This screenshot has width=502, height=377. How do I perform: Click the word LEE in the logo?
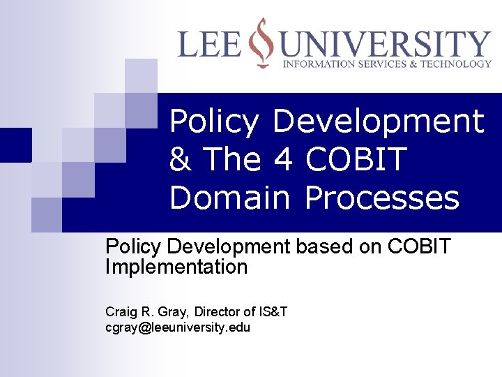pyautogui.click(x=209, y=44)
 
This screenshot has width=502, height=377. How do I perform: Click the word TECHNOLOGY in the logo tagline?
pyautogui.click(x=457, y=64)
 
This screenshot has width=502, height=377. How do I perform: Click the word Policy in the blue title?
pyautogui.click(x=214, y=122)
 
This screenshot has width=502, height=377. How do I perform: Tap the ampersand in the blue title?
pyautogui.click(x=181, y=159)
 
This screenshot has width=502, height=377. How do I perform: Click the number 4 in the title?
pyautogui.click(x=282, y=159)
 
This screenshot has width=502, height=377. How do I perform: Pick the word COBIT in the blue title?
pyautogui.click(x=356, y=159)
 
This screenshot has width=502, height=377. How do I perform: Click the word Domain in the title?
pyautogui.click(x=229, y=198)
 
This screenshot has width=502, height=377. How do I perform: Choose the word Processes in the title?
pyautogui.click(x=382, y=198)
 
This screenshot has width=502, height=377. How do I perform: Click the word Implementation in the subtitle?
pyautogui.click(x=176, y=267)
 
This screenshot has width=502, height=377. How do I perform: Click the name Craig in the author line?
pyautogui.click(x=120, y=311)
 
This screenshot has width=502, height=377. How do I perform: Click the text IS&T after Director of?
pyautogui.click(x=273, y=311)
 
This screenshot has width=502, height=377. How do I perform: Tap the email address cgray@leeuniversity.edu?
pyautogui.click(x=178, y=327)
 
